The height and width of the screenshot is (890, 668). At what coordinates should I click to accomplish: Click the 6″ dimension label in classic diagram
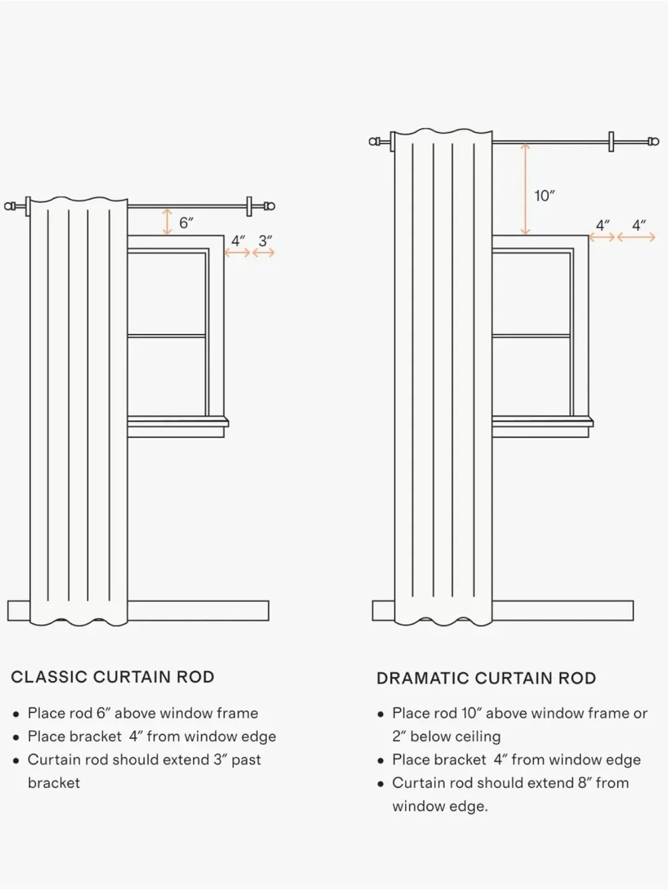click(x=186, y=222)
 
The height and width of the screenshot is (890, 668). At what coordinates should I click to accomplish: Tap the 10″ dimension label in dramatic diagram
click(x=544, y=196)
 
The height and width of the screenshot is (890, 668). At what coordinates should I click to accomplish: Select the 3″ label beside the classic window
click(x=265, y=241)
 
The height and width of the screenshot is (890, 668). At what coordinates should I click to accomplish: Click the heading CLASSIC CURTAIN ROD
click(x=113, y=677)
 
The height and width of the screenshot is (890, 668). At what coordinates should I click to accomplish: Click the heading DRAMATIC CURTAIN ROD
click(x=486, y=678)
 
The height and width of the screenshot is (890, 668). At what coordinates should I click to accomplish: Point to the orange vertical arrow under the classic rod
click(x=167, y=222)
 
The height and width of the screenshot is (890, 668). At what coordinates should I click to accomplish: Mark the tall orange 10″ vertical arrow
click(x=525, y=189)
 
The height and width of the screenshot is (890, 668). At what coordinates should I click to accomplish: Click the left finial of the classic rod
click(x=11, y=206)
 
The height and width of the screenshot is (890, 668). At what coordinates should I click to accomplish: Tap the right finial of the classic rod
click(x=269, y=206)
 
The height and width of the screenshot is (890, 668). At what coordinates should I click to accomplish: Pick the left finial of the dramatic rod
click(x=375, y=142)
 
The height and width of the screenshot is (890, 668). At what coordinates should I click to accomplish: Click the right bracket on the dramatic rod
click(x=611, y=142)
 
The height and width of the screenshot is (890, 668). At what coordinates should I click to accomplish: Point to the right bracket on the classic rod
click(x=249, y=206)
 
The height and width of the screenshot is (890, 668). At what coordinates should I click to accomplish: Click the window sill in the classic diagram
click(x=178, y=422)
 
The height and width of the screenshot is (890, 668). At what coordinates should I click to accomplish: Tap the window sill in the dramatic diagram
click(x=542, y=422)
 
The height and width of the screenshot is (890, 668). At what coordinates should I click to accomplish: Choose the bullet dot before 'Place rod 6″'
click(x=16, y=714)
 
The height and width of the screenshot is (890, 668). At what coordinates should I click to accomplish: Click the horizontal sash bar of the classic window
click(x=166, y=336)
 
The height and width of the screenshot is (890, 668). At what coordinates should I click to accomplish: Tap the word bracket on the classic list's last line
click(x=54, y=783)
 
